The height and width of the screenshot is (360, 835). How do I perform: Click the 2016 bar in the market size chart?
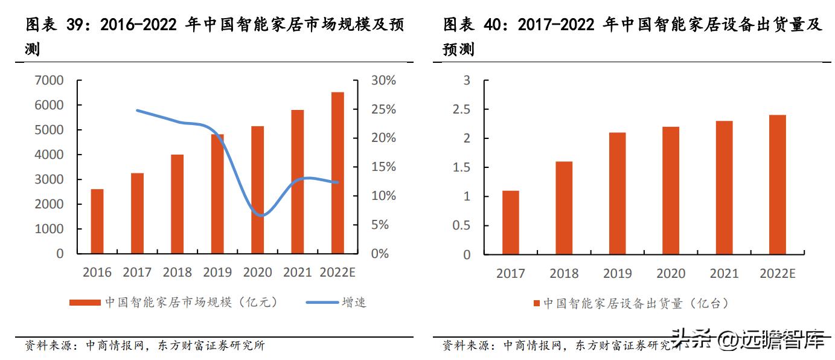[97, 221]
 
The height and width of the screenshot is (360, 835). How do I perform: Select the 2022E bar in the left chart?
[338, 173]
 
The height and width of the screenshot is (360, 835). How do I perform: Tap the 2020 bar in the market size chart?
[257, 190]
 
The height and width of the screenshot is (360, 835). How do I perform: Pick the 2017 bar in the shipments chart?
[510, 222]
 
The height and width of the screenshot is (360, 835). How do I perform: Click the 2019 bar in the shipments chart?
[617, 193]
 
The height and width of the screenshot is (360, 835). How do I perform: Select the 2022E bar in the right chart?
[777, 184]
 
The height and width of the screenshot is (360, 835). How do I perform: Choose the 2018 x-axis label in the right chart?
[564, 274]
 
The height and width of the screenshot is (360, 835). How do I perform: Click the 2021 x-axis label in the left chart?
[298, 272]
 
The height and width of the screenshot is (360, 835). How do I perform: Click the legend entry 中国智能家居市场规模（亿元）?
[175, 302]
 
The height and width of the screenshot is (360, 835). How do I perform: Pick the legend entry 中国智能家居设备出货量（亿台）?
[630, 303]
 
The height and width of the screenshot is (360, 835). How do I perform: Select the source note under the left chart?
[145, 346]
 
